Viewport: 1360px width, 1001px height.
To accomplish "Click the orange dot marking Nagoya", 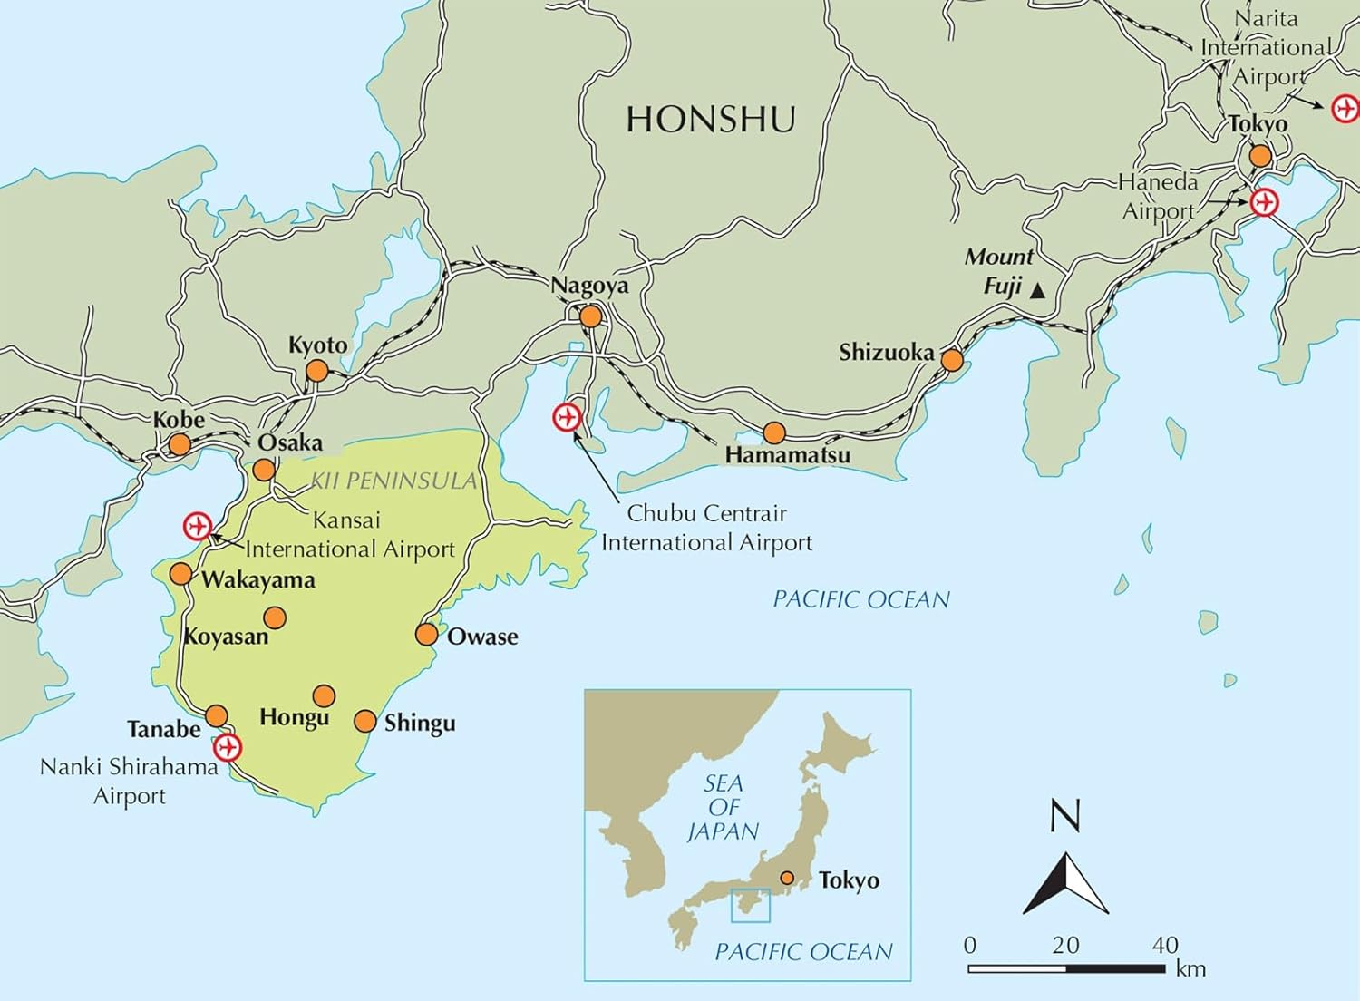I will pos(590,316).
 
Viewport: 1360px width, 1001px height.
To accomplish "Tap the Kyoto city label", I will pos(317,345).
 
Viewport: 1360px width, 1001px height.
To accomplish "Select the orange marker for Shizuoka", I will pos(951,360).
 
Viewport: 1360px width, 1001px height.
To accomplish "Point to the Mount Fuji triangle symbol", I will pos(1038,291).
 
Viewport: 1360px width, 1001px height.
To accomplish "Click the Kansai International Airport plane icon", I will pos(197,526).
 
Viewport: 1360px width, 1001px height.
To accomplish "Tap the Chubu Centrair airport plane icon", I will pos(567,417).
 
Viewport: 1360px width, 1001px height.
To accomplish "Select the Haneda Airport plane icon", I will pos(1264,202).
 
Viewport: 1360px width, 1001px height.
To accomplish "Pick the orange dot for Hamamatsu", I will pos(773,432).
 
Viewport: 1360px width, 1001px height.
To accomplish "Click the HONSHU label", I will pos(711,120).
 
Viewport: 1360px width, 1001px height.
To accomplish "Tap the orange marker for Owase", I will pos(426,634).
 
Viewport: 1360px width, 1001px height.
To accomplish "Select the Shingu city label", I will pos(419,724).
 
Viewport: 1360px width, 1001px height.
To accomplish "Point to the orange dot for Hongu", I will pos(324,695).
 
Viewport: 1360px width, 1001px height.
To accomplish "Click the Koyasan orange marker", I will pos(275,617).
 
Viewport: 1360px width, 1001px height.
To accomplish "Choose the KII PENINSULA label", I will pos(393,481).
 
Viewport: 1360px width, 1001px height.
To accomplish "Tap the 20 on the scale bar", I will pos(1065,945).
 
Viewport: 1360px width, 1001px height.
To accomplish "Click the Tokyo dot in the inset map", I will pos(787,878).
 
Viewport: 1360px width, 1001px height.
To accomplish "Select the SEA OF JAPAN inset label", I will pos(723,807).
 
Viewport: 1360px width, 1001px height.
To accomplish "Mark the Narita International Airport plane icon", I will pos(1345,109).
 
